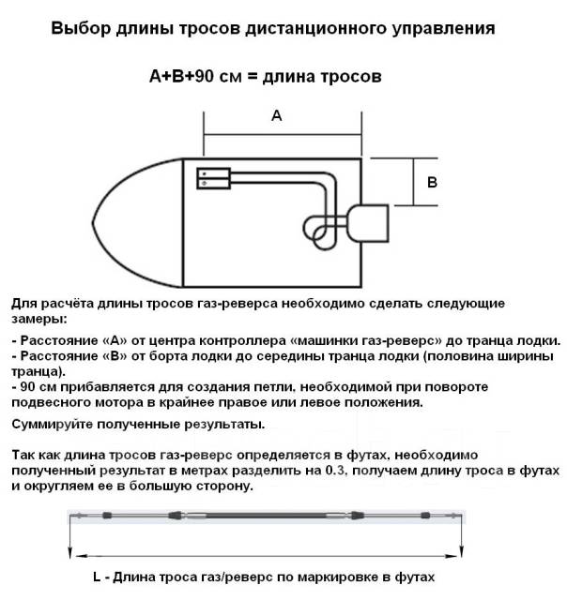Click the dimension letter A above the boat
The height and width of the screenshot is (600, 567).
point(276,116)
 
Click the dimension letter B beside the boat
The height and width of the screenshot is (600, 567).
point(432,183)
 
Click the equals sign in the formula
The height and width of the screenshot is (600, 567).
point(251,78)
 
